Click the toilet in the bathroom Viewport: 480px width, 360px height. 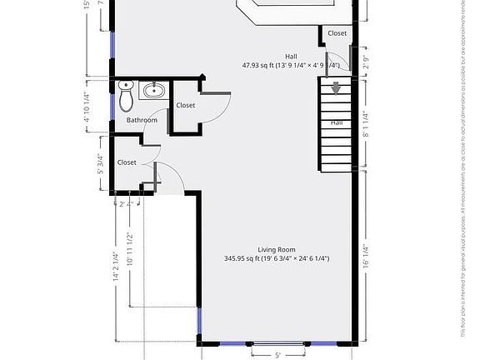(x=126, y=97)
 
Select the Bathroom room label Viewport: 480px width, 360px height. (x=142, y=120)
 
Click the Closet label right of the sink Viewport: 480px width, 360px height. (x=185, y=105)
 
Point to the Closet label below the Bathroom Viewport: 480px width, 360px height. (x=127, y=162)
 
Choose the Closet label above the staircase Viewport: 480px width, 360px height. (x=337, y=33)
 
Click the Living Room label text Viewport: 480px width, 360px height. (x=277, y=250)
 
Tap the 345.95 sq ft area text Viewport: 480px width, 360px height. (x=277, y=259)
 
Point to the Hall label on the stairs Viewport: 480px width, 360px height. (x=337, y=122)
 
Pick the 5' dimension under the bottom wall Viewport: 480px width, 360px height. (x=277, y=353)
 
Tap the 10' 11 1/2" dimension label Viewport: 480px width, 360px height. (x=129, y=249)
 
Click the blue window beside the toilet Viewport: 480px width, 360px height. (x=112, y=107)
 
